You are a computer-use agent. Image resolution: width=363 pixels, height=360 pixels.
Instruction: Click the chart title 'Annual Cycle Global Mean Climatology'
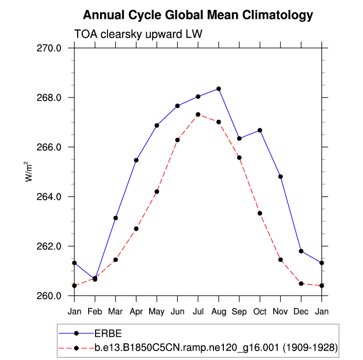point(198,15)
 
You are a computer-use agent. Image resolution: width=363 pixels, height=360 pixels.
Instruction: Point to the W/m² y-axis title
point(29,172)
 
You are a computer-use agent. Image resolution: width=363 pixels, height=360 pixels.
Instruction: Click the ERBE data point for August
point(218,89)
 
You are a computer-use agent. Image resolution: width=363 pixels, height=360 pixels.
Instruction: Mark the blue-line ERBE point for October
point(260,130)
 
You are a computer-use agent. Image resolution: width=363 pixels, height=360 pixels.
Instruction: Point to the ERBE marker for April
point(136,160)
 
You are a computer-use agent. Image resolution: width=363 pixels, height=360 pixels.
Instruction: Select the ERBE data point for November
point(280,176)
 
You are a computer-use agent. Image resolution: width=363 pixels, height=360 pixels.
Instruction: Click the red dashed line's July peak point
point(198,114)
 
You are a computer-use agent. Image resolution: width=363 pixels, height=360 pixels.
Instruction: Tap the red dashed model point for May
point(156,192)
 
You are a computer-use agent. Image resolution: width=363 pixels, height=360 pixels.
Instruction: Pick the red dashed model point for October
point(260,213)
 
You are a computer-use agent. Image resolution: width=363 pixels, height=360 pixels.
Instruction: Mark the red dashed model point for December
point(301,284)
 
